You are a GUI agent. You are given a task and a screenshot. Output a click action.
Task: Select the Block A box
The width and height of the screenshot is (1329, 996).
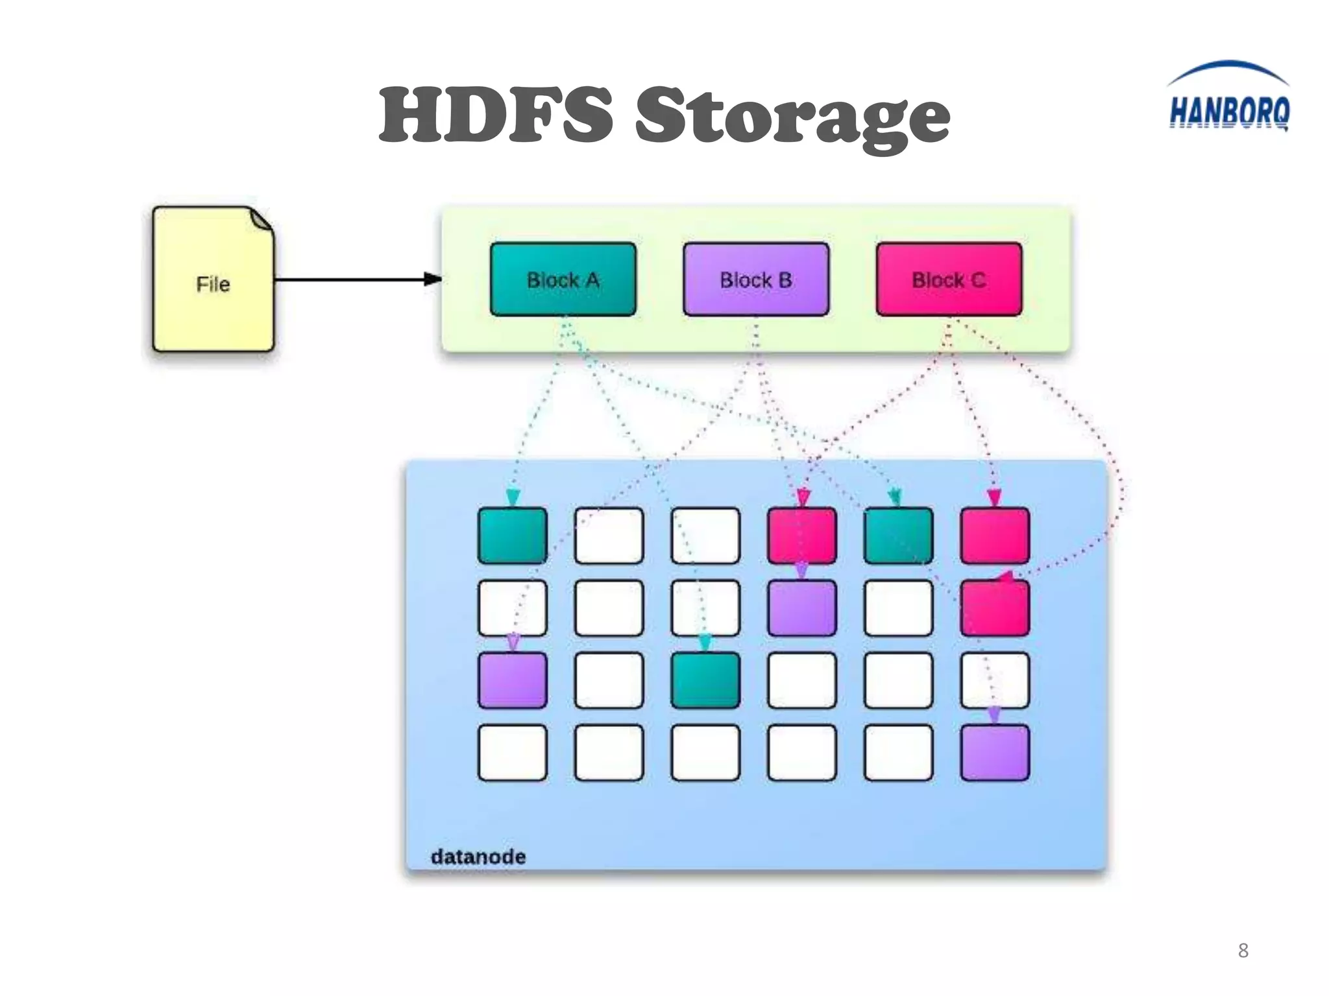(563, 279)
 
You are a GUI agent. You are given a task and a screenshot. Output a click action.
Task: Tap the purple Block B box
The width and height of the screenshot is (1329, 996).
(756, 279)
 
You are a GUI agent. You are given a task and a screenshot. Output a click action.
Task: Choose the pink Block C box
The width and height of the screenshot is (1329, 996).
(949, 279)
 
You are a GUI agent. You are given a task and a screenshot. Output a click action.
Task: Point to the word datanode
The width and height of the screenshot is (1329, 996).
(478, 857)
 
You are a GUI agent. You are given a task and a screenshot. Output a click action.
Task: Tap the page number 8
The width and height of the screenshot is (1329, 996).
(1243, 951)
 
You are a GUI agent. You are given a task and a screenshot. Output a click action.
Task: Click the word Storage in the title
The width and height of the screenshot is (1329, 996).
(792, 117)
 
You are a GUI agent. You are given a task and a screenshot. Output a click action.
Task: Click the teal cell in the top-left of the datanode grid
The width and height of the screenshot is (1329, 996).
(512, 536)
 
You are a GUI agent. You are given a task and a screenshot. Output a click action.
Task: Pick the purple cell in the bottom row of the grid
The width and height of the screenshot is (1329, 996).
(995, 752)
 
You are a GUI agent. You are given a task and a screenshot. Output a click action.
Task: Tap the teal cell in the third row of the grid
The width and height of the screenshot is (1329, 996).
(705, 680)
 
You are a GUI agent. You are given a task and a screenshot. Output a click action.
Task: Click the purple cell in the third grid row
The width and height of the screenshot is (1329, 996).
(512, 680)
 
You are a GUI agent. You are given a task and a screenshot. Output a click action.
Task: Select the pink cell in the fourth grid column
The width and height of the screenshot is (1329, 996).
(802, 536)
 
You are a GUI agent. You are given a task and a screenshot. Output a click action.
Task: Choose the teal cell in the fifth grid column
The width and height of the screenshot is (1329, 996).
(898, 536)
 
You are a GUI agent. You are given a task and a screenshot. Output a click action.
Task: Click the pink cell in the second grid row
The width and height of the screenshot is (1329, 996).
(995, 608)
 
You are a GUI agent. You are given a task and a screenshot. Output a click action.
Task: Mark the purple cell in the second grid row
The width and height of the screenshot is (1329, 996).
(802, 608)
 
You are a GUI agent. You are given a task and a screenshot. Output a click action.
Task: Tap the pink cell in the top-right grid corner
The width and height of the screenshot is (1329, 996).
(995, 536)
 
